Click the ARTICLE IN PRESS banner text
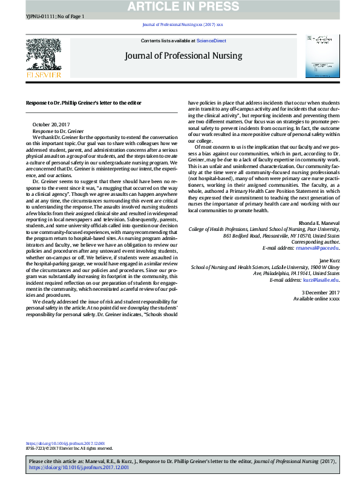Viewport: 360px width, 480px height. (x=180, y=7)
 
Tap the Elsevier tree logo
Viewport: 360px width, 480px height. (x=43, y=56)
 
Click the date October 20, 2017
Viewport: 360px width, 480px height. (x=51, y=125)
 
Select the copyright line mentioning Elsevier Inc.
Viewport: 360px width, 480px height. (x=70, y=449)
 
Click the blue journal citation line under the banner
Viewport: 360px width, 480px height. (x=182, y=25)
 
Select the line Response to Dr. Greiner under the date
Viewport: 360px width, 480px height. (x=58, y=131)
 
